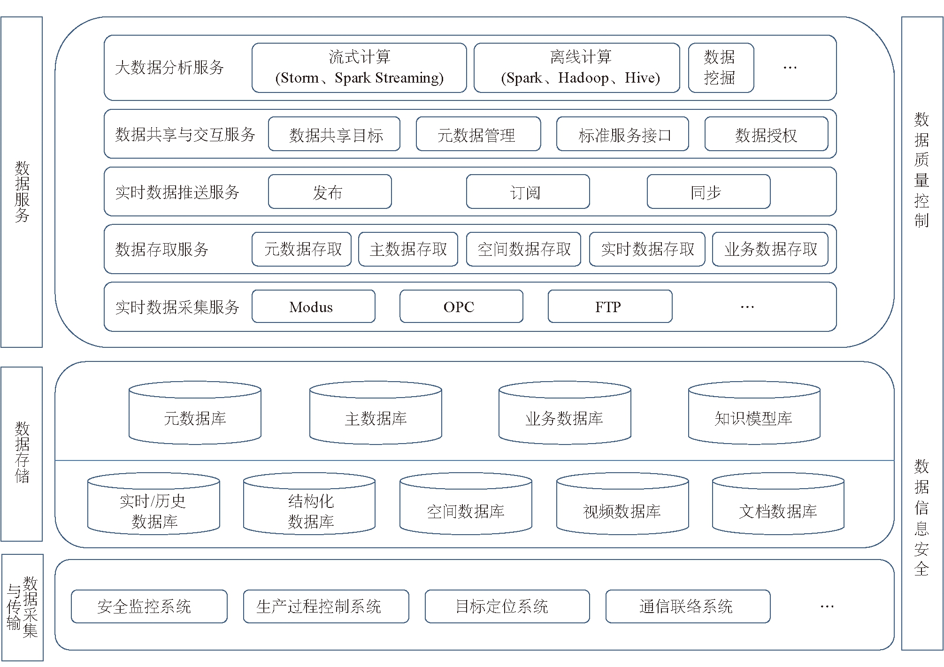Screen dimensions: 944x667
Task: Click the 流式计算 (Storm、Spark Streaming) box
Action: (359, 68)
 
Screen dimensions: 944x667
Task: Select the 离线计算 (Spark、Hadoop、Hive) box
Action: (577, 68)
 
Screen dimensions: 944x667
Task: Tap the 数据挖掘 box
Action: (721, 68)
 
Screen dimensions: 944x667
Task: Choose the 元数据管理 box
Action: (478, 134)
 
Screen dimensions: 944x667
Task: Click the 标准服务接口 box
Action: (622, 134)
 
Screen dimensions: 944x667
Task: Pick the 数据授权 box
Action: (766, 134)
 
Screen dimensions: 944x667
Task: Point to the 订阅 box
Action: (528, 192)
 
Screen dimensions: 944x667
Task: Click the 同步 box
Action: (708, 192)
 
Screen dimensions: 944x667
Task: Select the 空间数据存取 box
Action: (523, 249)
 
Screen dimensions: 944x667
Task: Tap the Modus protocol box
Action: (313, 307)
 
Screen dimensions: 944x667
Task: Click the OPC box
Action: (461, 307)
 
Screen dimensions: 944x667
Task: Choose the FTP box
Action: (610, 307)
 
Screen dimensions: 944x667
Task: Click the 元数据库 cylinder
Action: (195, 413)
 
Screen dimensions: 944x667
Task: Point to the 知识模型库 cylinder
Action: (754, 413)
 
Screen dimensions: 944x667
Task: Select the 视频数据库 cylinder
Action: (622, 504)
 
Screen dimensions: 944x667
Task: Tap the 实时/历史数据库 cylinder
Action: (153, 504)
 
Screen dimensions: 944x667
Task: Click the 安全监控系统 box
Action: (149, 606)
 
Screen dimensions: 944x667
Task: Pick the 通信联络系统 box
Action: (688, 606)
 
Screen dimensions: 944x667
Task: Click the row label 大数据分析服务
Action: (169, 68)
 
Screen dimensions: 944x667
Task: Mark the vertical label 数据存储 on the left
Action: (22, 452)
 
